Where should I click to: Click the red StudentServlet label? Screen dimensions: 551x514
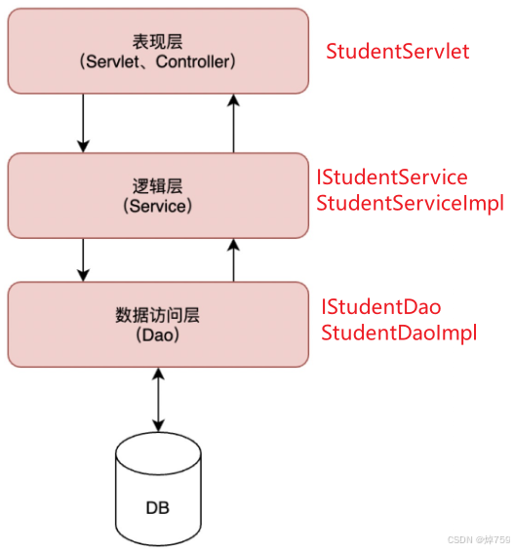tap(398, 51)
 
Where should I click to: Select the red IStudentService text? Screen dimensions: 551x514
tap(391, 177)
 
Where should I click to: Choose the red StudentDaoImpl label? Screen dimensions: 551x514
tap(399, 333)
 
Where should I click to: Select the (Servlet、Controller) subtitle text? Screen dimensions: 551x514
tap(157, 62)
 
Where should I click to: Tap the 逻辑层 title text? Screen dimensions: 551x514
tap(157, 185)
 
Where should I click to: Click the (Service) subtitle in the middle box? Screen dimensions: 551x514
tap(157, 206)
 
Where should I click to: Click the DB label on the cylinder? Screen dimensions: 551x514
tap(157, 507)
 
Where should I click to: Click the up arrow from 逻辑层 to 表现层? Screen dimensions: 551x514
tap(234, 123)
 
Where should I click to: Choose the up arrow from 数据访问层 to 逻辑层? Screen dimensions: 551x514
tap(234, 257)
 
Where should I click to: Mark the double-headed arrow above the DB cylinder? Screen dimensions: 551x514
tap(157, 399)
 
